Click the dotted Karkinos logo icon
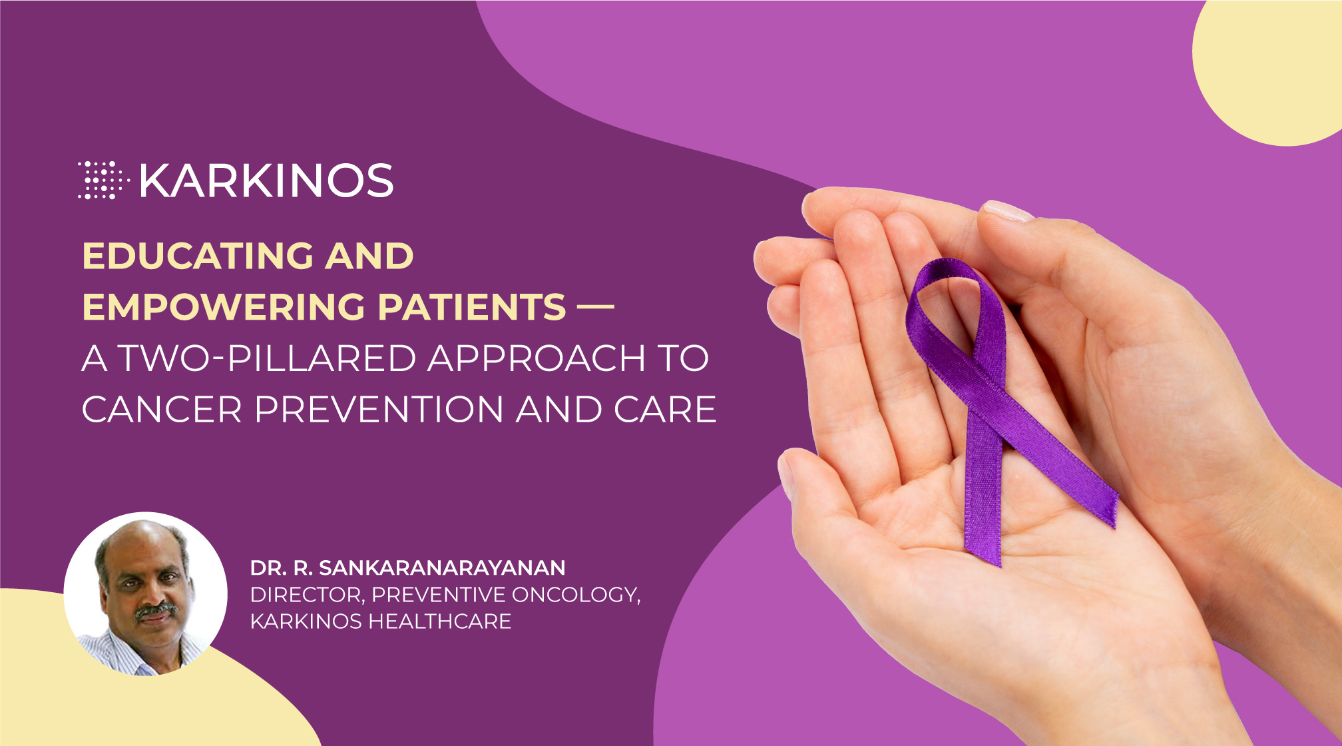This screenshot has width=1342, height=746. (103, 180)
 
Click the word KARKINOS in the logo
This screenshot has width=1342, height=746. (267, 181)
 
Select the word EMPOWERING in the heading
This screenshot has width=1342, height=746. (224, 307)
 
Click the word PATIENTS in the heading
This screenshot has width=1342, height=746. (472, 307)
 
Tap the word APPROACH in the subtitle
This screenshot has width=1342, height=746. (537, 358)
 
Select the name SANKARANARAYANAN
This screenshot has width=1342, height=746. (443, 568)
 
